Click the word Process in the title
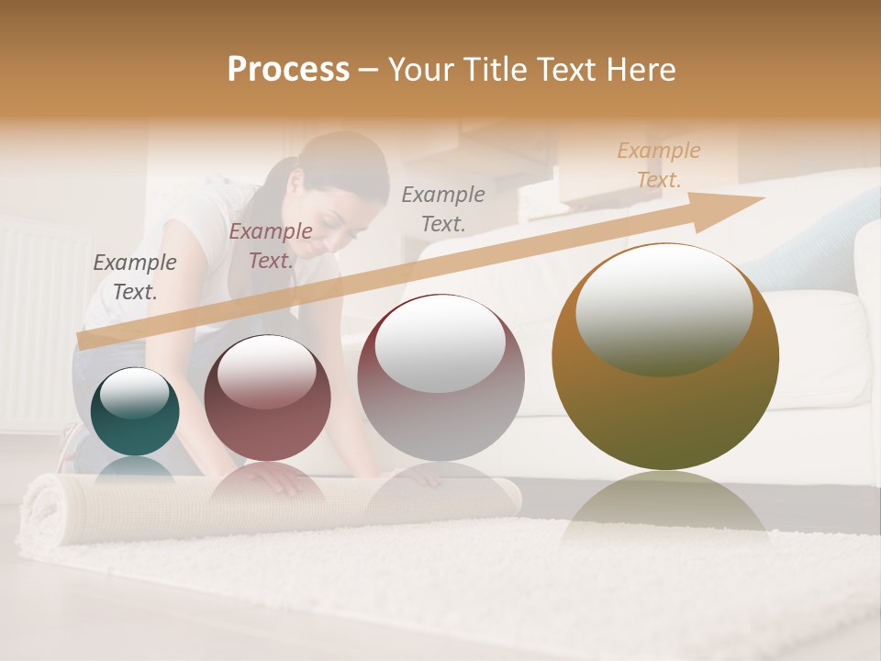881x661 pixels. [288, 70]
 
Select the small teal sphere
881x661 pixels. [135, 411]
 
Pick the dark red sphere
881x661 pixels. [266, 398]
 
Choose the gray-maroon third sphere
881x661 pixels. [440, 377]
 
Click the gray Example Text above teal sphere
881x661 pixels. [135, 276]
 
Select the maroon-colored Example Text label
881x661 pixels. [271, 246]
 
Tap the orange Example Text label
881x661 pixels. [659, 164]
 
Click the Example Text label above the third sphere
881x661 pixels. [443, 208]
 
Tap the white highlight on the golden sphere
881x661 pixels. [664, 310]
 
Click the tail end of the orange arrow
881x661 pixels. [84, 341]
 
